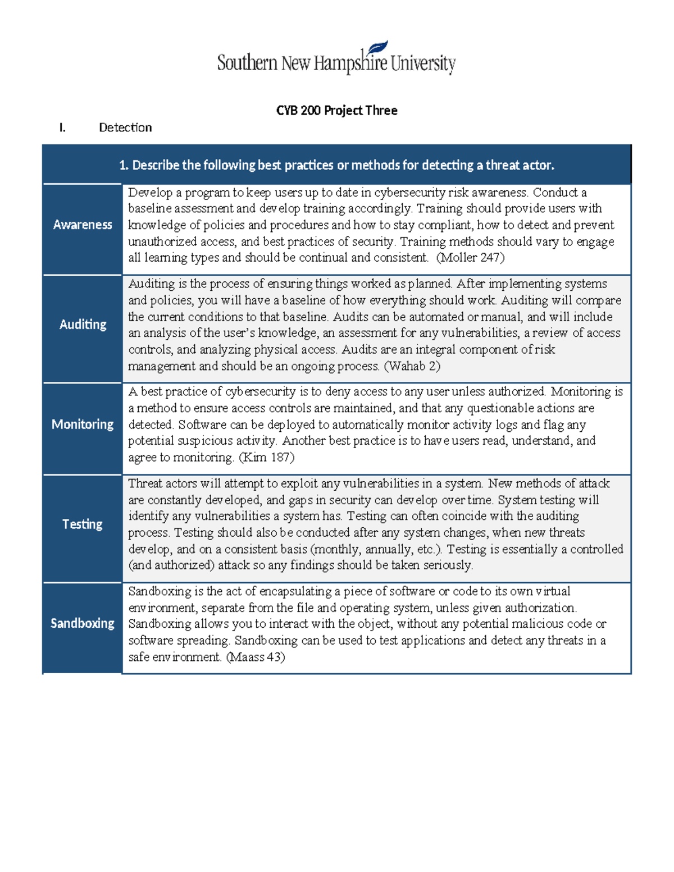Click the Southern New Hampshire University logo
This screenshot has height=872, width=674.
(x=336, y=60)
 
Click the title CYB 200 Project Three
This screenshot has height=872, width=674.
(x=336, y=111)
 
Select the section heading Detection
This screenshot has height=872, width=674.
(x=125, y=128)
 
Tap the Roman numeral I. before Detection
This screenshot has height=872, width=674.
(x=62, y=128)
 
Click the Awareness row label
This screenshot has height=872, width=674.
(x=83, y=225)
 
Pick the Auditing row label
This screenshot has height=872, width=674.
(x=83, y=325)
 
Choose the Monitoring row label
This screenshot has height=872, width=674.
(x=83, y=424)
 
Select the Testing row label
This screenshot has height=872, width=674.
(x=83, y=524)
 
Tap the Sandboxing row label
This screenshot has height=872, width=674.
(x=83, y=624)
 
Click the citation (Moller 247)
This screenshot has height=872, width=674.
(x=470, y=258)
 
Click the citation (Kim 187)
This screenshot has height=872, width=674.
(x=267, y=458)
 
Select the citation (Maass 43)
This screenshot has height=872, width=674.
(x=256, y=657)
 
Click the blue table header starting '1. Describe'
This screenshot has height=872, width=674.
(x=336, y=165)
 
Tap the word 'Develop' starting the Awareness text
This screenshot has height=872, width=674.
(x=150, y=193)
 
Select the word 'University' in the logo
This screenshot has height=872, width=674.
(x=423, y=63)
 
